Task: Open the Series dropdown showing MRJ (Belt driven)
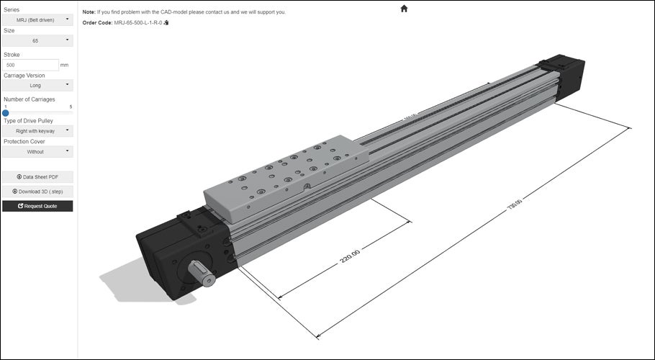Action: [x=37, y=19]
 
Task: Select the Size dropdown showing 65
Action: [x=37, y=41]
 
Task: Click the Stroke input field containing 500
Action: [x=30, y=65]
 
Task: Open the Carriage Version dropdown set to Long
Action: [x=37, y=85]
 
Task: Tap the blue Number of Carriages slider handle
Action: [x=6, y=112]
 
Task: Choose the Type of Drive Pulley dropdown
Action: [x=37, y=131]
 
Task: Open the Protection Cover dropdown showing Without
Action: [x=37, y=152]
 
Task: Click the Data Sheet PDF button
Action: [x=37, y=176]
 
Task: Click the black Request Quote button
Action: [x=37, y=206]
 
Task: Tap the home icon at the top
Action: [x=404, y=9]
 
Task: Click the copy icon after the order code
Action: [x=166, y=23]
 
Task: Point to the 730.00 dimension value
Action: [x=514, y=204]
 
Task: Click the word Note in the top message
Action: [x=89, y=12]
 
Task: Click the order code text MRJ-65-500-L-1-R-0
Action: [x=138, y=23]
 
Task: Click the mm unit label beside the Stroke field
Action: [x=65, y=65]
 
